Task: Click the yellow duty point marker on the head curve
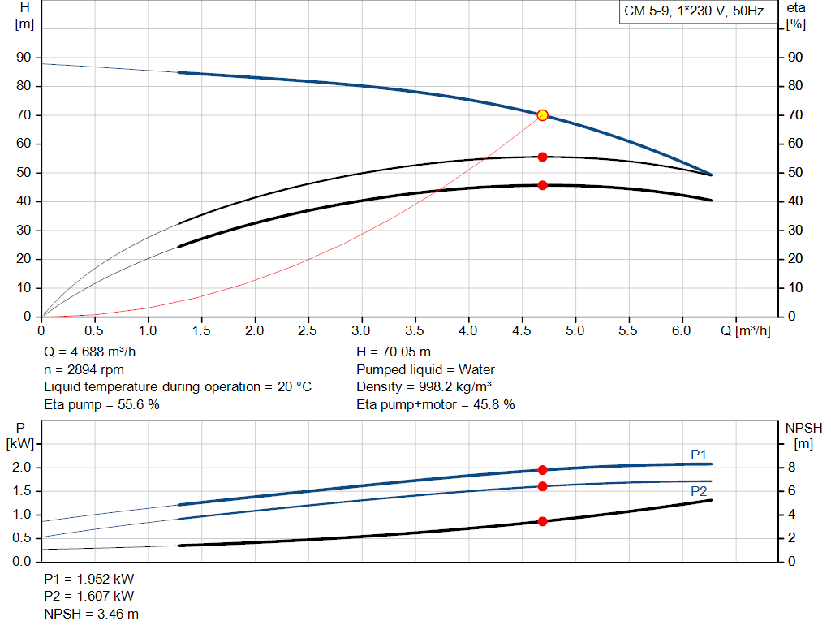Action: tap(542, 115)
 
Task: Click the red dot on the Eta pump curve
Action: tap(542, 157)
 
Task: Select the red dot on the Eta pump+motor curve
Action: tap(542, 185)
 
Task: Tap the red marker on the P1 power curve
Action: tap(542, 470)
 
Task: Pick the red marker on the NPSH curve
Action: tap(542, 521)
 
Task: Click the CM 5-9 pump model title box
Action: tap(693, 12)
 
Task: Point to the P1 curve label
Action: tap(699, 455)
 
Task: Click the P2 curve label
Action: tap(699, 492)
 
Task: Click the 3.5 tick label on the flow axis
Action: tap(415, 331)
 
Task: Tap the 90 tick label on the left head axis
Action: tap(23, 58)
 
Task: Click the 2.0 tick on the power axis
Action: tap(21, 468)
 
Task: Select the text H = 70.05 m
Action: tap(394, 352)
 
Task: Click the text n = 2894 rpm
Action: tap(84, 369)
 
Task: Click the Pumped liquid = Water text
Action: tap(425, 369)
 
